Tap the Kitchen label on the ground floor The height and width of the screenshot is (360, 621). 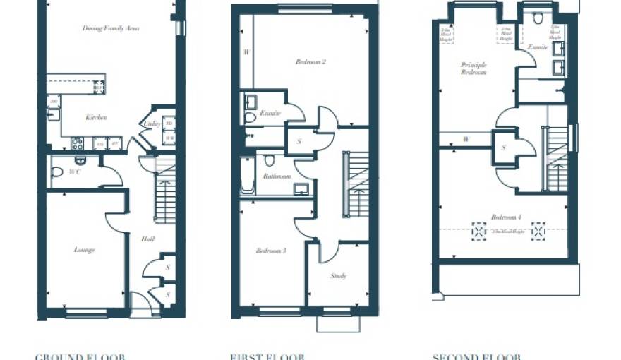pos(96,117)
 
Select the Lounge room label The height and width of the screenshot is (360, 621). pos(84,249)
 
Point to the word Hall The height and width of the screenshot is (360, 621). pos(147,239)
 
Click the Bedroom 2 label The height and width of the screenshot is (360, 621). pos(310,62)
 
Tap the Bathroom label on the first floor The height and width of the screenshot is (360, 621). pos(277,176)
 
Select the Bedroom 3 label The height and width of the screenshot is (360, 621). pos(270,251)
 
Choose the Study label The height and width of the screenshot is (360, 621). pos(339,276)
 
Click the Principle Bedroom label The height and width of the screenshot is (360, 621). pos(474,68)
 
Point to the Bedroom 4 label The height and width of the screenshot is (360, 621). pos(505,217)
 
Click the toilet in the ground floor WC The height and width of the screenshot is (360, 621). pos(58,172)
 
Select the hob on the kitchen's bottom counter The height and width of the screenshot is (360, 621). pos(76,143)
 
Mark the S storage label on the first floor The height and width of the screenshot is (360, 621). pos(299,142)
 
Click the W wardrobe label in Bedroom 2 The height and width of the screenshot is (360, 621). pos(246,52)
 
